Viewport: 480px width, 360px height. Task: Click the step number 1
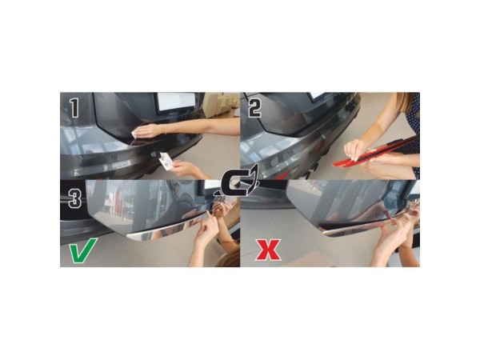74,108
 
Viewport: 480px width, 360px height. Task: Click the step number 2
254,108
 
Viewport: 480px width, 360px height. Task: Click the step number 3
74,198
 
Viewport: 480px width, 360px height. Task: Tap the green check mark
82,250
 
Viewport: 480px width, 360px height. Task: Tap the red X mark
269,250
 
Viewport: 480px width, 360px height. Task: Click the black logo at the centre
238,185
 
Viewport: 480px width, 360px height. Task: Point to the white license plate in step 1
176,101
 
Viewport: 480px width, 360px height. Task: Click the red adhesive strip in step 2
375,152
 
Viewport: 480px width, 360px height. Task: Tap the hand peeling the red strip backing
356,150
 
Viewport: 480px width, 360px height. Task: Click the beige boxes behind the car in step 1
222,104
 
